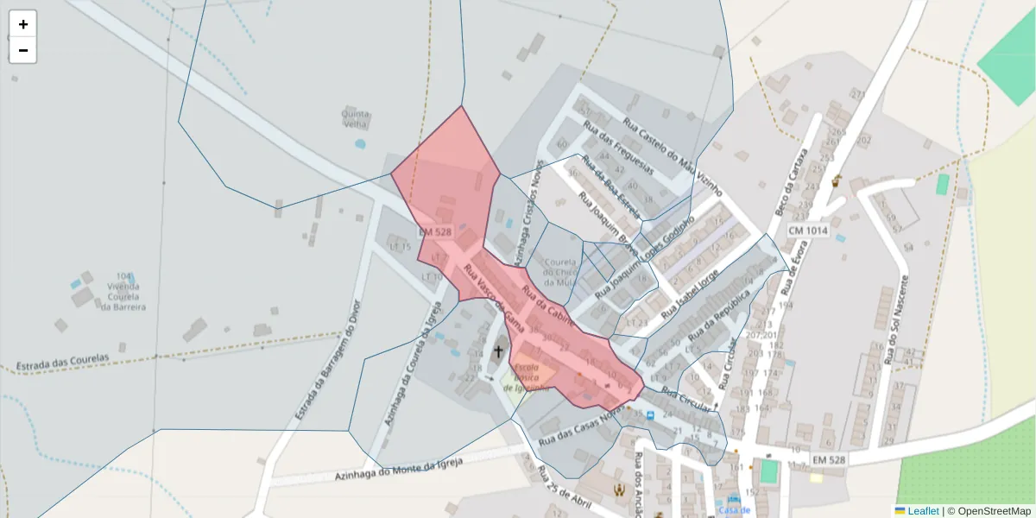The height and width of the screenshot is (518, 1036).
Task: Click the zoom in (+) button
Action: pos(23,24)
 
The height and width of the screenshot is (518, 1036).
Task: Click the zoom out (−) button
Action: pos(23,50)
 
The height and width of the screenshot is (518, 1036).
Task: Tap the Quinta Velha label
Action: pos(356,118)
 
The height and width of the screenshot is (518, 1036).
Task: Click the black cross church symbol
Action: pos(497,351)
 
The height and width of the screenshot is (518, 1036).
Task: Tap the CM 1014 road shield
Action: pos(808,231)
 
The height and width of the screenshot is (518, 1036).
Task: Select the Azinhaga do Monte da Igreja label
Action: pos(398,470)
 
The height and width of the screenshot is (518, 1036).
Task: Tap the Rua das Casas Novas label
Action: pos(580,428)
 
